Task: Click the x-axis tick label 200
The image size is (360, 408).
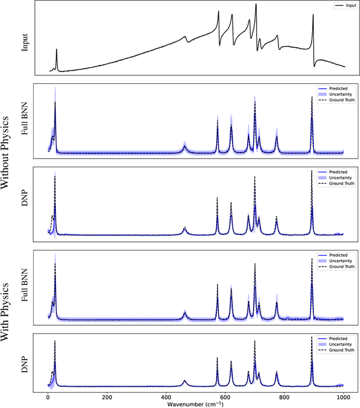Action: click(107, 397)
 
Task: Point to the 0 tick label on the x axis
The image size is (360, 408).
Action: click(48, 397)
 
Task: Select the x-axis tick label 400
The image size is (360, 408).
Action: click(166, 397)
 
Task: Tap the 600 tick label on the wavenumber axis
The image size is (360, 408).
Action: click(225, 397)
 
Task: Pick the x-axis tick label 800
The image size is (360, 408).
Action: click(284, 397)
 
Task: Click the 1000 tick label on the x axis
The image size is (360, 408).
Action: click(343, 397)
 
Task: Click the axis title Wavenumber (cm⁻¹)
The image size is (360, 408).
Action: click(195, 403)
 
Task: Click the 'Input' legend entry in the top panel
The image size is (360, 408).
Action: click(342, 6)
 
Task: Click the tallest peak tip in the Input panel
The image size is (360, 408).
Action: click(256, 5)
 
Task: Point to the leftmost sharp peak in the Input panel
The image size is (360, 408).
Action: click(56, 50)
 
